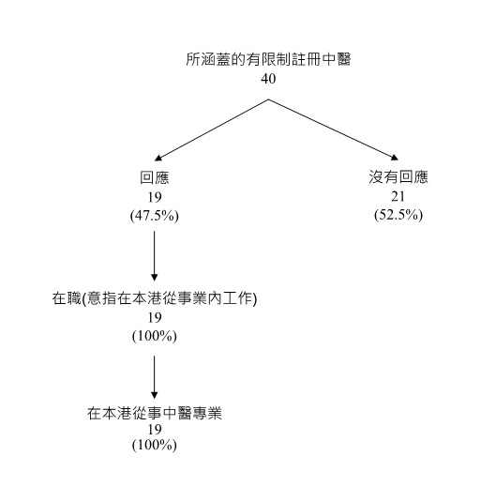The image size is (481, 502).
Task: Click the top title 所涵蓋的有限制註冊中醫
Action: coord(268,60)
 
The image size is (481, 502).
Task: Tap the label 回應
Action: coord(154,178)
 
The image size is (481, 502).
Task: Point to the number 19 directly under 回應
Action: coord(154,197)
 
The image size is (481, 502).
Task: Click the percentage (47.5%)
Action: coord(154,216)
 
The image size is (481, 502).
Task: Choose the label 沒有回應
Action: coord(398,177)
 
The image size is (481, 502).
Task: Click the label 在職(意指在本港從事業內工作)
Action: coord(155,299)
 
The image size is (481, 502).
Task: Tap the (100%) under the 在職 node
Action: coord(155,336)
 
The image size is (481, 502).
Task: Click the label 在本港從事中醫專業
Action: coord(155,413)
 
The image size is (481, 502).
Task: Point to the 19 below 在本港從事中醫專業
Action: coord(155,429)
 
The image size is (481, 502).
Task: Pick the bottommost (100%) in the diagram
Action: coord(155,445)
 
